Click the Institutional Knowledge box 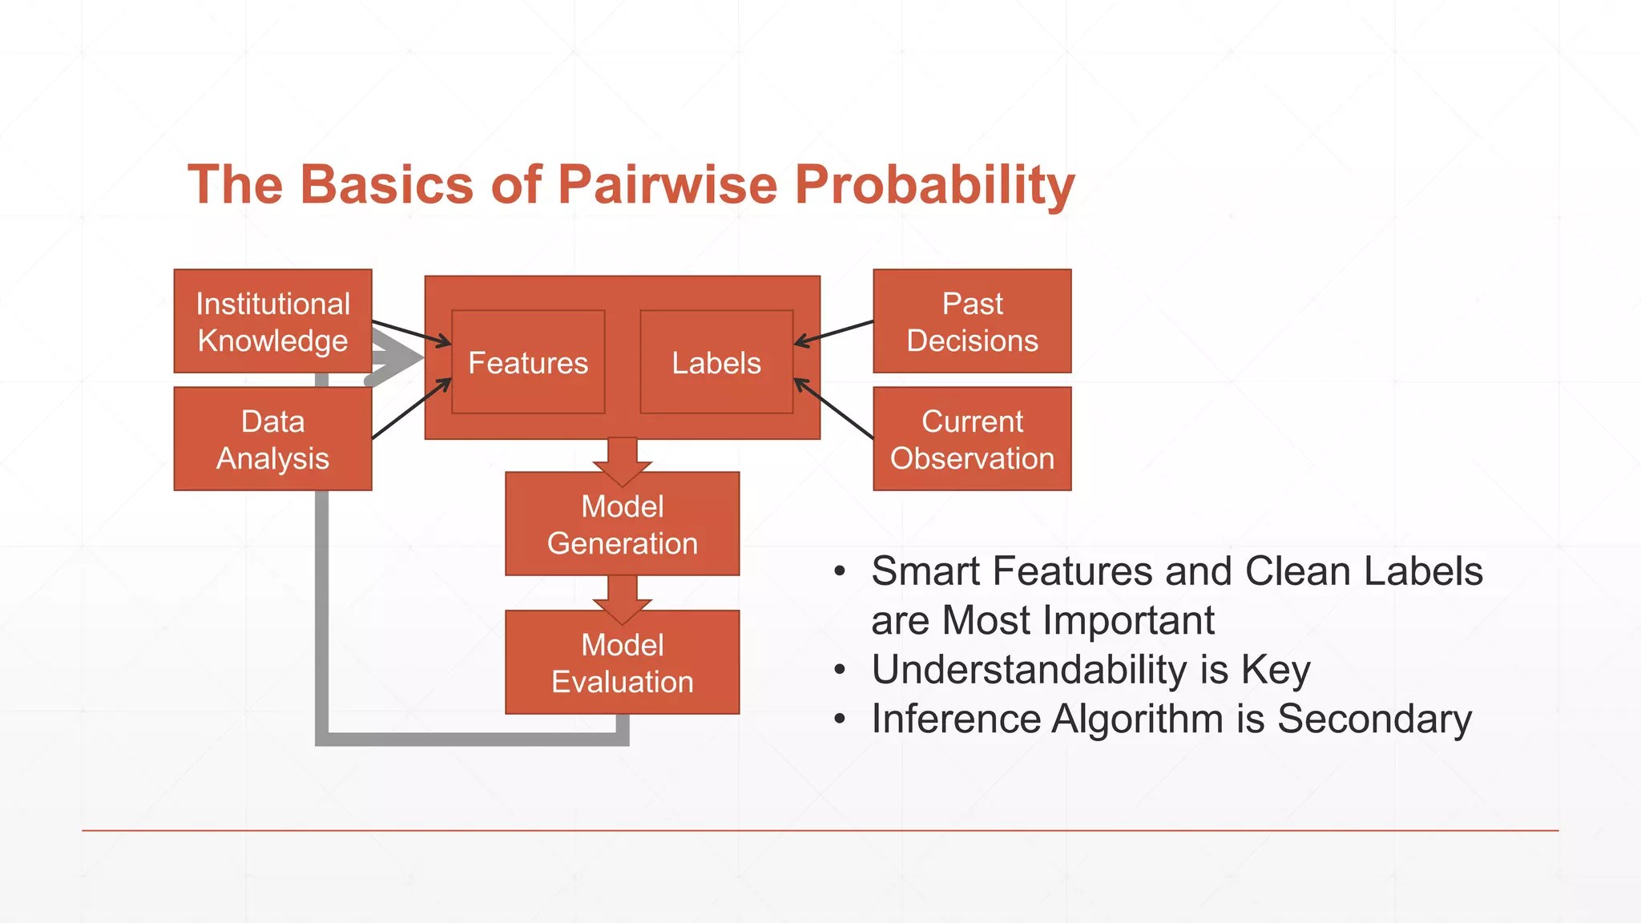pos(272,320)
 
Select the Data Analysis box pos(272,439)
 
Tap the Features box pos(528,362)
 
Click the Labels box pos(716,362)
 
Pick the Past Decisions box pos(972,320)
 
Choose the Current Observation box pos(972,439)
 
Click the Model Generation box pos(622,525)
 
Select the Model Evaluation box pos(622,663)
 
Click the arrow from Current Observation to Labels pos(833,409)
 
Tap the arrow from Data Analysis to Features pos(410,409)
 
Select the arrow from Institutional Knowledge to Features pos(410,333)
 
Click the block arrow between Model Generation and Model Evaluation pos(622,597)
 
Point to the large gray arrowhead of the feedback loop pos(397,358)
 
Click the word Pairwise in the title pos(667,184)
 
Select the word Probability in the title pos(934,184)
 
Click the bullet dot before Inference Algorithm pos(839,719)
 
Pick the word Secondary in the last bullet pos(1374,719)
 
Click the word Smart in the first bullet pos(925,571)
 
